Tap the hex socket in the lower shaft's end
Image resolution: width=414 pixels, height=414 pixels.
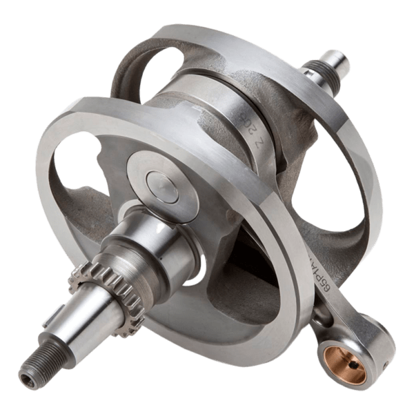pyautogui.click(x=26, y=378)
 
